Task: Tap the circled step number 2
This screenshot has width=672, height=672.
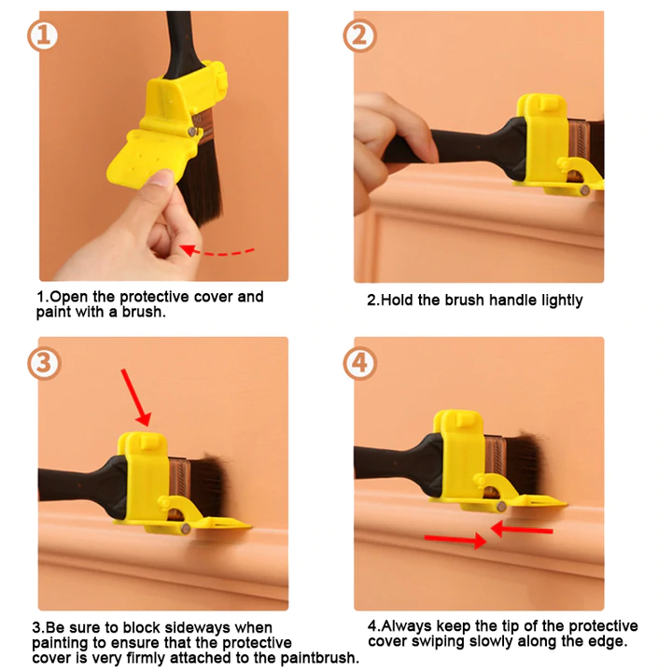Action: coord(359,36)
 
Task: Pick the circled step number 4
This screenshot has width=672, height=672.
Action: coord(359,361)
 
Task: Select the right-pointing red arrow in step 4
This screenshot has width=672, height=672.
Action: coord(455,539)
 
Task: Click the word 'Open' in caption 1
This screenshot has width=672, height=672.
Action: coord(69,297)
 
